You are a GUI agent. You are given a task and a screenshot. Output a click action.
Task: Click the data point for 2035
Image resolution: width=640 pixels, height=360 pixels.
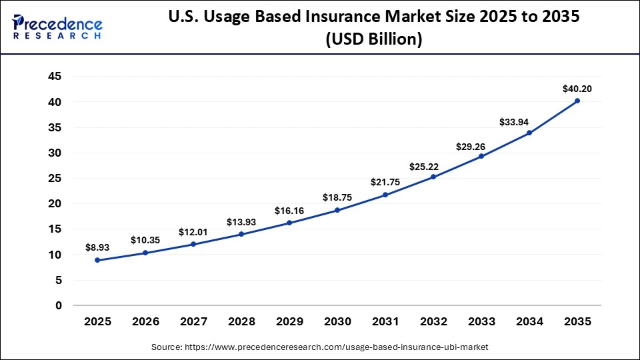pyautogui.click(x=577, y=101)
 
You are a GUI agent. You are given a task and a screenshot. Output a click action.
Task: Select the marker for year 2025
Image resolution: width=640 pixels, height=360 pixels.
pyautogui.click(x=97, y=260)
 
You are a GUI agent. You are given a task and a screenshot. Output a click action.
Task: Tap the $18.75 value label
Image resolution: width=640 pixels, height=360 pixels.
pyautogui.click(x=337, y=197)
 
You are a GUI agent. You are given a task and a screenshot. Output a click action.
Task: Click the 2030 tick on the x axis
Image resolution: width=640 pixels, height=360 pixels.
pyautogui.click(x=337, y=321)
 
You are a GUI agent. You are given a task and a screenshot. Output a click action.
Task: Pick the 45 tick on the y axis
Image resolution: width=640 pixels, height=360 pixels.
pyautogui.click(x=55, y=77)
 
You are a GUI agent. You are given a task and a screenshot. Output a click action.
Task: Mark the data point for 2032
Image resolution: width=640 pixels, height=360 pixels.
pyautogui.click(x=433, y=177)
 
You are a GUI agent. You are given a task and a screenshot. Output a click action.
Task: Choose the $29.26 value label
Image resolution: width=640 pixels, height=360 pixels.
pyautogui.click(x=470, y=146)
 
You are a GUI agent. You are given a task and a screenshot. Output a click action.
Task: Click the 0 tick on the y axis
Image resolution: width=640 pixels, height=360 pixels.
pyautogui.click(x=59, y=305)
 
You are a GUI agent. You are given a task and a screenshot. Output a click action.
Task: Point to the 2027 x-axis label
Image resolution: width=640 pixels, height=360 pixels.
pyautogui.click(x=193, y=321)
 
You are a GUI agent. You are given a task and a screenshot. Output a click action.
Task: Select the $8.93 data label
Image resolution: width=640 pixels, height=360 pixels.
pyautogui.click(x=97, y=247)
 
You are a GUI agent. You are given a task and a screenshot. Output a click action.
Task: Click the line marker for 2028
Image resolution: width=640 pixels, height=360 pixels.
pyautogui.click(x=241, y=234)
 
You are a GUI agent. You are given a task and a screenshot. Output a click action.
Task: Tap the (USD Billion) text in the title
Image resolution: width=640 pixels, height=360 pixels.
pyautogui.click(x=374, y=40)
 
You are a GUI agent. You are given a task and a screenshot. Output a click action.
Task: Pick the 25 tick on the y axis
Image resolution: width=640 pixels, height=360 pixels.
pyautogui.click(x=55, y=178)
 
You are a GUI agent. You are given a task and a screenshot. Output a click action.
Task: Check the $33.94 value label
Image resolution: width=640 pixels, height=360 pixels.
pyautogui.click(x=513, y=122)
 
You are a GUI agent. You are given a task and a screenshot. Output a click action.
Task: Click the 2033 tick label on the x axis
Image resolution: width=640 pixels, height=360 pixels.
pyautogui.click(x=481, y=321)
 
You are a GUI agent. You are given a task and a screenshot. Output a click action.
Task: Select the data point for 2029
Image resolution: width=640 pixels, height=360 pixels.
pyautogui.click(x=289, y=223)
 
